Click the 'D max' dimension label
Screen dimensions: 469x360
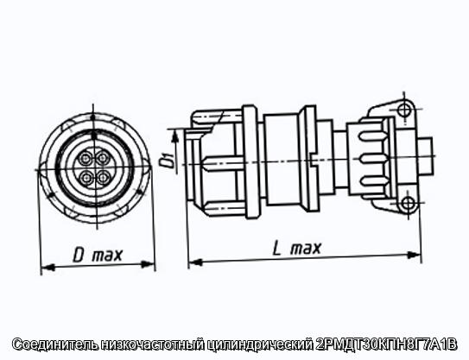(x=98, y=255)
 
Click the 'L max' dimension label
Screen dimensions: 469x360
(x=297, y=248)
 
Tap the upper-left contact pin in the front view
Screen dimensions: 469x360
(x=86, y=158)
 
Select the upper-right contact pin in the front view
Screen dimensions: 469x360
(x=103, y=158)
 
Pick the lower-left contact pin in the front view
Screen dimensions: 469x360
(x=86, y=178)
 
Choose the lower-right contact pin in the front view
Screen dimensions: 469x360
(x=103, y=178)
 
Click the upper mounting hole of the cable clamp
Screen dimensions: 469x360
(x=405, y=109)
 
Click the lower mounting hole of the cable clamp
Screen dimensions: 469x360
(x=408, y=204)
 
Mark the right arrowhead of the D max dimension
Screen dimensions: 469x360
(x=148, y=264)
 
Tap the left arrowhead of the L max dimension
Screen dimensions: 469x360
(x=195, y=262)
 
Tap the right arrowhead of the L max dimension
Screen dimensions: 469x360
(x=415, y=255)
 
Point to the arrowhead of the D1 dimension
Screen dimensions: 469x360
(x=176, y=136)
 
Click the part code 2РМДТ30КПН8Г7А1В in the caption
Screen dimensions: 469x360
(x=386, y=344)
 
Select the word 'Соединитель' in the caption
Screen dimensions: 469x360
(x=55, y=344)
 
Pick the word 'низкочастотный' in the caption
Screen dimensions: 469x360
(x=152, y=344)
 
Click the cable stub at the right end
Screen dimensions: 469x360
(x=426, y=156)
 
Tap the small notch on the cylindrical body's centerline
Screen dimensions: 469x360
(x=313, y=163)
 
